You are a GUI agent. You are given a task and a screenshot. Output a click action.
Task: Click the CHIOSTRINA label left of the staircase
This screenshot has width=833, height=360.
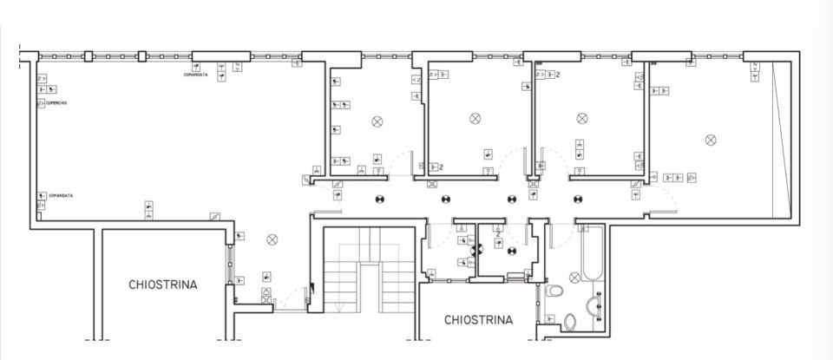coord(163,285)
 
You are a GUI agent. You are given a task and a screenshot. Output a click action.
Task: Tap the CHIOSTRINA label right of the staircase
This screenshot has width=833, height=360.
coord(478,320)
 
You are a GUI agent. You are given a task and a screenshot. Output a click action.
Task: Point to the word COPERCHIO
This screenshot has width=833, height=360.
coord(56,103)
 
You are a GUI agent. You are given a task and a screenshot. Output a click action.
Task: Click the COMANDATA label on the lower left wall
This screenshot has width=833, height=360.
coord(61,195)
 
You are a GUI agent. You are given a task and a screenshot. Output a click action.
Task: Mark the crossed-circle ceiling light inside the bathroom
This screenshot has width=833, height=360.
coord(574,278)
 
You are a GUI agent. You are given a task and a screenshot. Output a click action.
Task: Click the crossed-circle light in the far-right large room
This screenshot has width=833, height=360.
coord(711,139)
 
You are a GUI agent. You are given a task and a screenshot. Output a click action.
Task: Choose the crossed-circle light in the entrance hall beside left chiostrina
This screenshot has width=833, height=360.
coord(272,239)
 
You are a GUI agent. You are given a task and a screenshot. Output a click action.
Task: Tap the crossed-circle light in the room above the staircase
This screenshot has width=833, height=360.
coord(377,121)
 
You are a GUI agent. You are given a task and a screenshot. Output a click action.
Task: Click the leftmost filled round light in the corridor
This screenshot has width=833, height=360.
coord(379,199)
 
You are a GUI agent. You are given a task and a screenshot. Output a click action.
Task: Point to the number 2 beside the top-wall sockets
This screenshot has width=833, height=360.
coord(557,75)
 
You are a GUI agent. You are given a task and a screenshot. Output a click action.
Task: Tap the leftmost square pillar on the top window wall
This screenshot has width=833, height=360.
coord(87,57)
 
